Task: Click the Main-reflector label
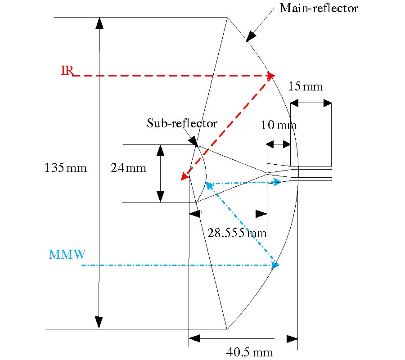coord(319,8)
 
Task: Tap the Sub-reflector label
coord(182,123)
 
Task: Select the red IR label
coord(67,71)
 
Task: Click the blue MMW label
coord(67,255)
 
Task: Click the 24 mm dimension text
coord(128,168)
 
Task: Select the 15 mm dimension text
coord(306,86)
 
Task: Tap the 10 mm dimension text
coord(279,125)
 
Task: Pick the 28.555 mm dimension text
coord(237,233)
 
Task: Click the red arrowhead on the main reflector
coord(270,76)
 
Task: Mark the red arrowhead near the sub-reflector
coord(184,176)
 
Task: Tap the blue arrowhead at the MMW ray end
coord(275,265)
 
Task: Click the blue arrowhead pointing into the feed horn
coord(276,182)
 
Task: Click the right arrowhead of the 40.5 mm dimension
coord(292,338)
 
